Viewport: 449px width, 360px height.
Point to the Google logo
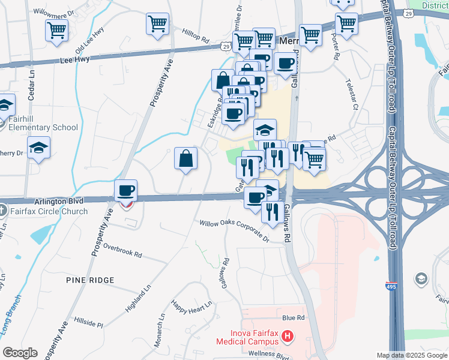[x=20, y=353]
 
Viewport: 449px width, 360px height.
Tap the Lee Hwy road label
[x=75, y=60]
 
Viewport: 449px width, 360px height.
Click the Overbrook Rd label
[x=122, y=250]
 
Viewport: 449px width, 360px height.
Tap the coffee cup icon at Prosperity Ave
[x=126, y=191]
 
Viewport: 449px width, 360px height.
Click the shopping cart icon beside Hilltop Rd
[x=157, y=24]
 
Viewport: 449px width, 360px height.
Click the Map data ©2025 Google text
[x=412, y=355]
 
